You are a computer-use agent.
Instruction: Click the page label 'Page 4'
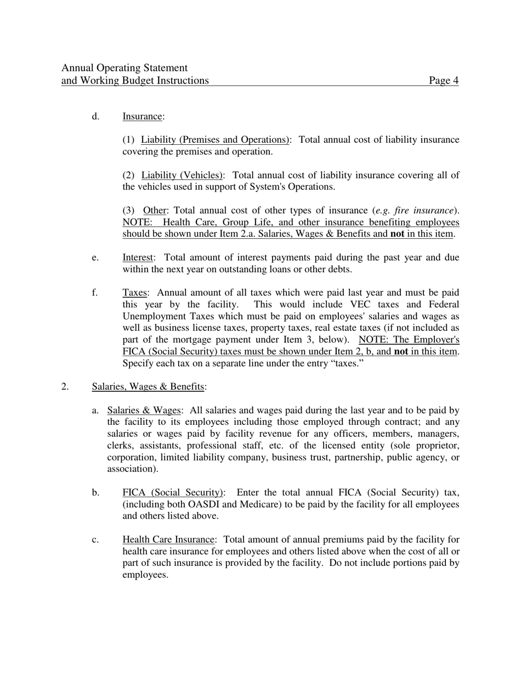(x=444, y=81)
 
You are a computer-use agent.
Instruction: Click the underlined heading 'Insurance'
(x=142, y=116)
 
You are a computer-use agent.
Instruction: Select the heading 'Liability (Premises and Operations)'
(x=215, y=140)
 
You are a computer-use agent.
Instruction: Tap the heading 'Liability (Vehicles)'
(x=182, y=175)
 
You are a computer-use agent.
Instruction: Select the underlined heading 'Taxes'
(x=134, y=292)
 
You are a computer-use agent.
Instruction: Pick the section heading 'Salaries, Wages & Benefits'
(x=148, y=386)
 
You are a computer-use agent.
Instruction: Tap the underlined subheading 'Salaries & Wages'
(x=144, y=410)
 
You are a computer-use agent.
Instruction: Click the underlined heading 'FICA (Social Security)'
(x=173, y=492)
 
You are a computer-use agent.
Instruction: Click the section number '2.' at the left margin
(x=65, y=386)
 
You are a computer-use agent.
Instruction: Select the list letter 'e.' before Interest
(x=95, y=257)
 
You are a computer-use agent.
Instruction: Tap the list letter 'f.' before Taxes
(x=95, y=292)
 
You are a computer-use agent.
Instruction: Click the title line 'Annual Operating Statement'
(x=124, y=68)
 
